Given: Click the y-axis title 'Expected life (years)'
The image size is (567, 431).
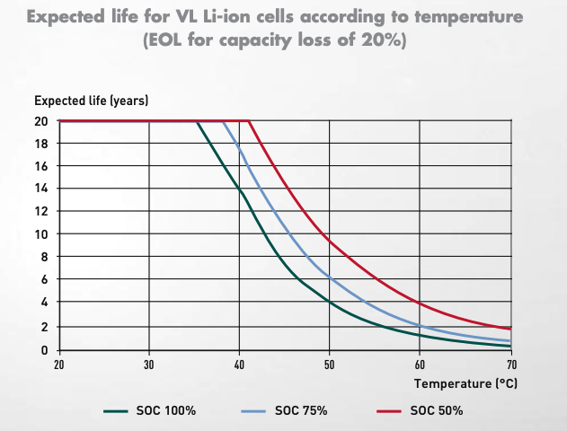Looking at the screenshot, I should [92, 100].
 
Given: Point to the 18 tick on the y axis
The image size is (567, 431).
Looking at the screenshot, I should [41, 144].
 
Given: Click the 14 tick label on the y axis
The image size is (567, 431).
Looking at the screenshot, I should [41, 189].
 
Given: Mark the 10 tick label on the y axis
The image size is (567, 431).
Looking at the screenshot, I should [41, 234].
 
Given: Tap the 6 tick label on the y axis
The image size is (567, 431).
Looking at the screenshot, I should [44, 280].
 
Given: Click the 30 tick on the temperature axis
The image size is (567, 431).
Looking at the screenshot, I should [149, 365].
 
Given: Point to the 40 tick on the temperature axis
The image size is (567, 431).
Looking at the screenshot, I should [239, 365].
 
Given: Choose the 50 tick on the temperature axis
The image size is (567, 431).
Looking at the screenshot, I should [330, 365].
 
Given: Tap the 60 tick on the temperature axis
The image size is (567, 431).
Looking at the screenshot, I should [420, 365].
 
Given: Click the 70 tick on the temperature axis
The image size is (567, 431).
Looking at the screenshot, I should [510, 365].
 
